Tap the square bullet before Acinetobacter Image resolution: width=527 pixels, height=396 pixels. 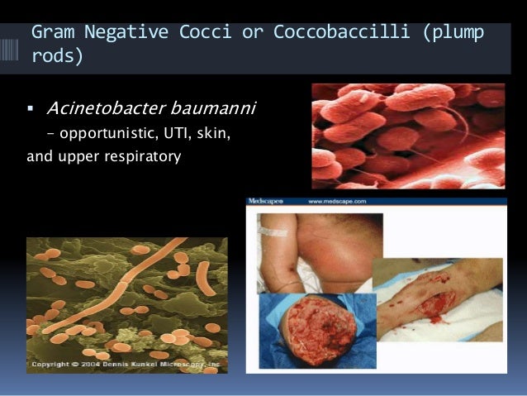pos(31,108)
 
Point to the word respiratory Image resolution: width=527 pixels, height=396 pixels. pos(143,155)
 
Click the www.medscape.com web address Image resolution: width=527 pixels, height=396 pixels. pos(339,201)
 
